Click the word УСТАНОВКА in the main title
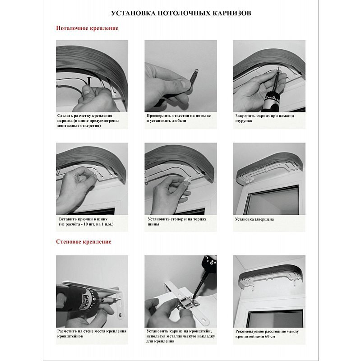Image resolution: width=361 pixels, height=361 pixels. pos(133,13)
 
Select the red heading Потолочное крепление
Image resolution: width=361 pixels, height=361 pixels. pos(87,28)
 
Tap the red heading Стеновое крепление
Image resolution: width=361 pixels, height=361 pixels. pos(83,241)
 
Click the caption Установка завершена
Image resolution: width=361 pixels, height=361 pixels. pos(254,219)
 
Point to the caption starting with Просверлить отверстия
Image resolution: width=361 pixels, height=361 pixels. pos(178,118)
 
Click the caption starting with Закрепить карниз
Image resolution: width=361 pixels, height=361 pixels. pos(264,118)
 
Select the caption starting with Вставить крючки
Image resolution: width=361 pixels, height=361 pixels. pos(86,222)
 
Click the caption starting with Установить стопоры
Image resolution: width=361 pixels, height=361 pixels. pos(177,222)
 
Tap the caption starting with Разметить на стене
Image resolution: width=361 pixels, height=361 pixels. pos(92,333)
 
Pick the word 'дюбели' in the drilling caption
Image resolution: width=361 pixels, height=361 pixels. pos(179,120)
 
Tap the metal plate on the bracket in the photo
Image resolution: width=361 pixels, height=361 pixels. pos(188,303)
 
